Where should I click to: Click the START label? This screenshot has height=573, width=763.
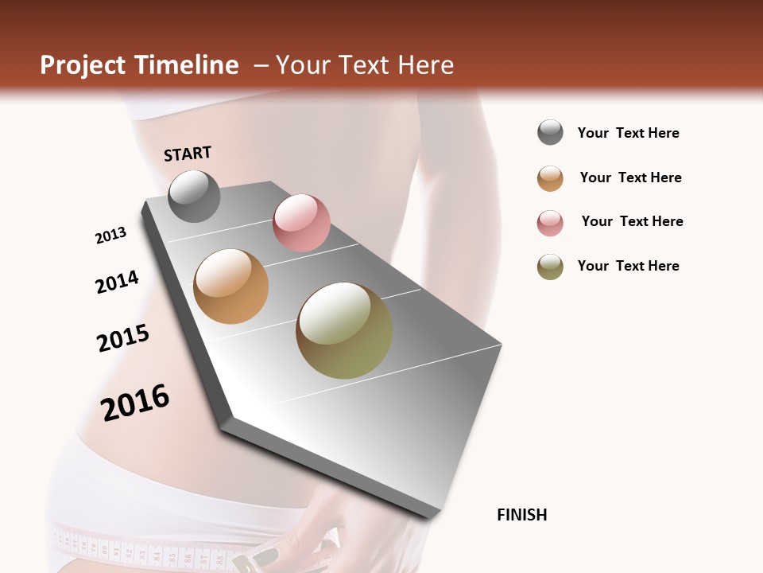[188, 154]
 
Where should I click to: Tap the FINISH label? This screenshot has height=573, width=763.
[521, 515]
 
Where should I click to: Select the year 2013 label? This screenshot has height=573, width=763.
[110, 236]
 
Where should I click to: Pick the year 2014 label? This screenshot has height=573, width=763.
[117, 282]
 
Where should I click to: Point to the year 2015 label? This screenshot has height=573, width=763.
[123, 338]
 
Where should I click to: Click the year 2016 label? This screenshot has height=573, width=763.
[135, 402]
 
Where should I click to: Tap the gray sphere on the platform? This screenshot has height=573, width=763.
[194, 196]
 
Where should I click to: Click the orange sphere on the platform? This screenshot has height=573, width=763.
[230, 286]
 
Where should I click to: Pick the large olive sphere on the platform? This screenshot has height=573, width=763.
[344, 330]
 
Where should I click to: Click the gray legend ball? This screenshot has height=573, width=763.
[550, 133]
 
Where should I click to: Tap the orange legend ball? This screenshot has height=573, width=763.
[550, 178]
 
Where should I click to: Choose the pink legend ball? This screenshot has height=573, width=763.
[550, 223]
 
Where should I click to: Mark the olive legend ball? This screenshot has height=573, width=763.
[550, 267]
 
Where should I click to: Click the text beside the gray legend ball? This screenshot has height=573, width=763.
[628, 133]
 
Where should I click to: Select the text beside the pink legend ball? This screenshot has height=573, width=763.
[632, 221]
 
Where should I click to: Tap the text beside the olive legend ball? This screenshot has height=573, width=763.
[628, 266]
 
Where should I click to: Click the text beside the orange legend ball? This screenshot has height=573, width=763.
[630, 177]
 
